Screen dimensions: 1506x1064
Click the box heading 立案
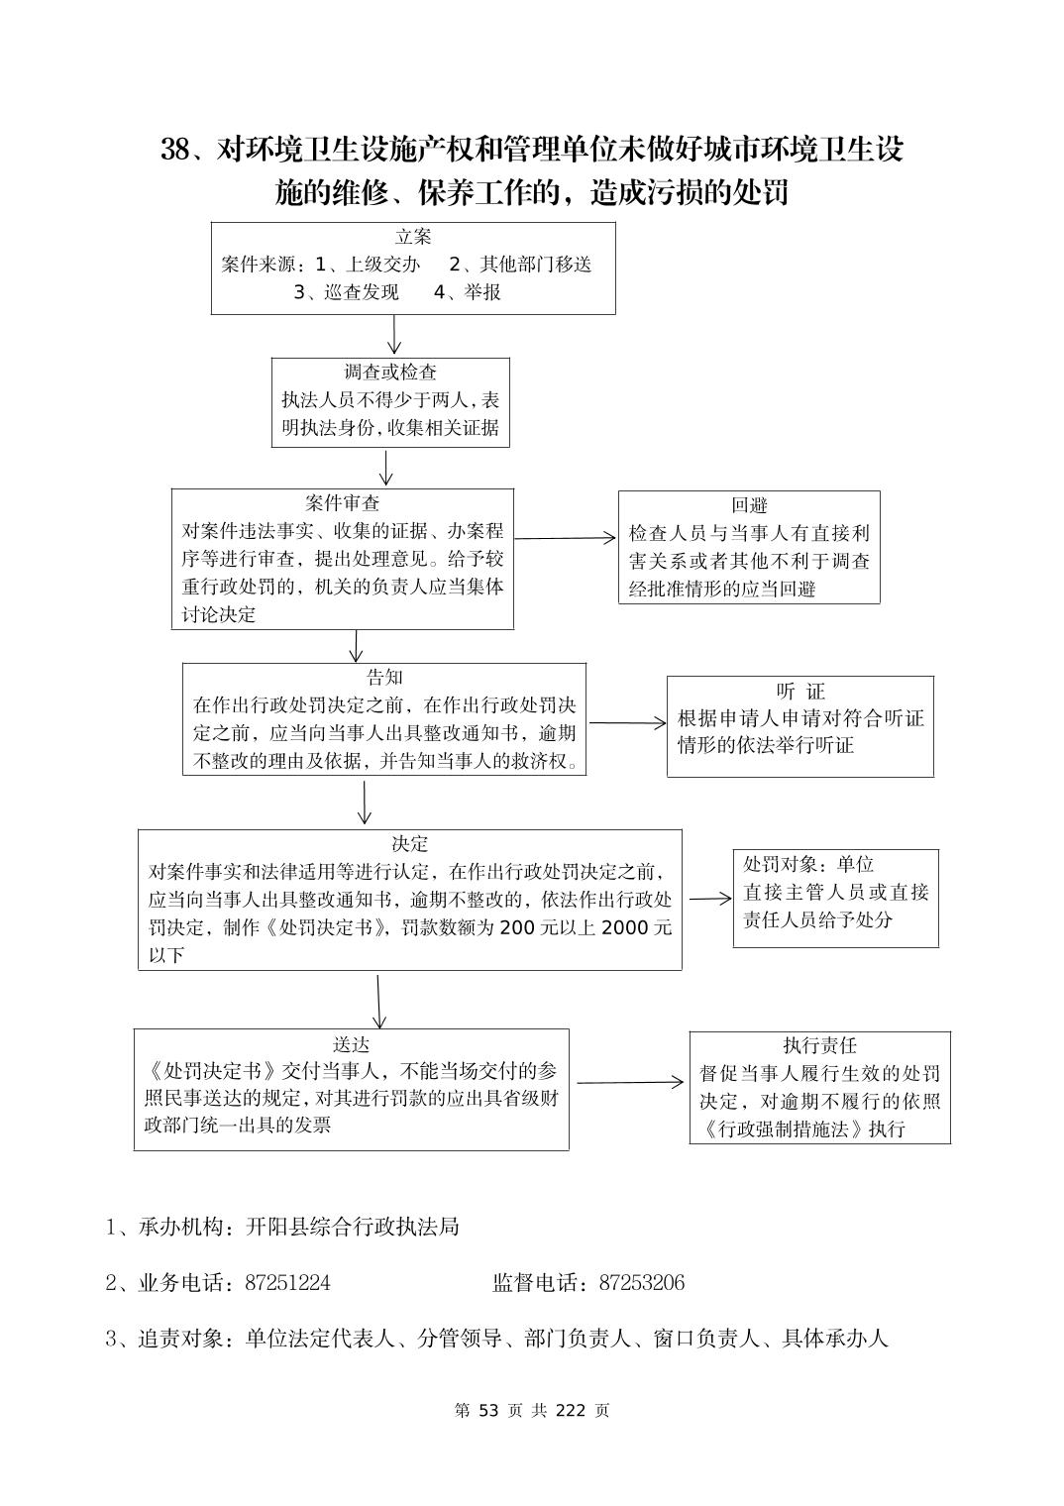(x=413, y=237)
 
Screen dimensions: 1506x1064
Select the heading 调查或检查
(x=390, y=373)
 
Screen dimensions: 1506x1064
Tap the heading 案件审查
(x=343, y=503)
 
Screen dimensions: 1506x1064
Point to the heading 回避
(x=749, y=505)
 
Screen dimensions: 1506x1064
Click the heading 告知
(x=384, y=678)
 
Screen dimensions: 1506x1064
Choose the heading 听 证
(x=800, y=692)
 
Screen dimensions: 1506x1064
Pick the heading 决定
(x=410, y=844)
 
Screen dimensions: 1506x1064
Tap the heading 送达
(x=352, y=1044)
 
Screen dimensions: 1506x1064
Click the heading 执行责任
(x=819, y=1046)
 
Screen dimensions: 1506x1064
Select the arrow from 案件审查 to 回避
(x=566, y=538)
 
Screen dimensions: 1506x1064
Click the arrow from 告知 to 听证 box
(x=627, y=722)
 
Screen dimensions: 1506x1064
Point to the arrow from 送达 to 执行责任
(x=630, y=1082)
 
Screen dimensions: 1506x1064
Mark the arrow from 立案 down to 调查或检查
(x=394, y=335)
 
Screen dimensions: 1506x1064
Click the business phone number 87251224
(x=287, y=1283)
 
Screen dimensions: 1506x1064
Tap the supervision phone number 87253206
(x=641, y=1283)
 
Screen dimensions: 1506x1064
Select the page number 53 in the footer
(x=491, y=1411)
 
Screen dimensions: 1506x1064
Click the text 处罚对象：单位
(x=808, y=865)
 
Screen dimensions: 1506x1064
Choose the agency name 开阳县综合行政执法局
(x=353, y=1227)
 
